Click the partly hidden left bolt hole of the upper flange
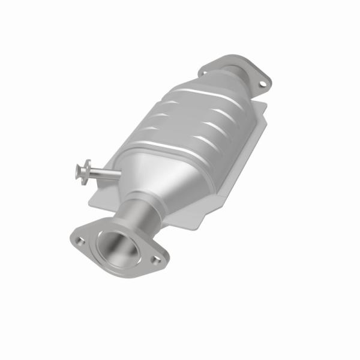coord(204,72)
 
